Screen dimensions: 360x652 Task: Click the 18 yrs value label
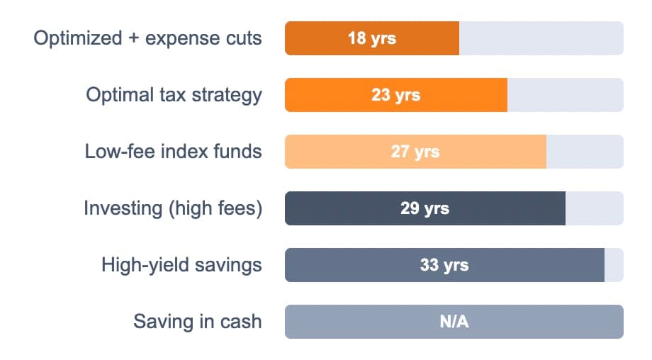[371, 38]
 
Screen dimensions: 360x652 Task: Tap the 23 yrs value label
[395, 95]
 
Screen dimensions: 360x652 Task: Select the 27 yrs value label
[415, 152]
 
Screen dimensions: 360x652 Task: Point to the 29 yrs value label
[425, 208]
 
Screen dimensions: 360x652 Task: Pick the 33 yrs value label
[444, 265]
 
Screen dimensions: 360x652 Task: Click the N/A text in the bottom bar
[454, 322]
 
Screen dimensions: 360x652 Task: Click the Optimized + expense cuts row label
[147, 38]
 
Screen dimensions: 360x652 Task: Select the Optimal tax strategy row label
[174, 95]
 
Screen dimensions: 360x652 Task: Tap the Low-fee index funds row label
[173, 152]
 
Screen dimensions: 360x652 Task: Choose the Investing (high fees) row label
[172, 208]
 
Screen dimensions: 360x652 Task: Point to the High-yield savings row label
[181, 265]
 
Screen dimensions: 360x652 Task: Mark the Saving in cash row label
[197, 322]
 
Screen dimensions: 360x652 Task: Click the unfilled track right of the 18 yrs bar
[541, 38]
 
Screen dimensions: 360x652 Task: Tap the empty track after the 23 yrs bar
[565, 95]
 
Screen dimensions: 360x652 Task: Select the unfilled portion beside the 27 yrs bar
[584, 152]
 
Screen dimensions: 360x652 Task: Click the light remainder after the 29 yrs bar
[594, 208]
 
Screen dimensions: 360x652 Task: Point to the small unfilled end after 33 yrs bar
[614, 265]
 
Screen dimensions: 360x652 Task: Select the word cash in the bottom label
[240, 322]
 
